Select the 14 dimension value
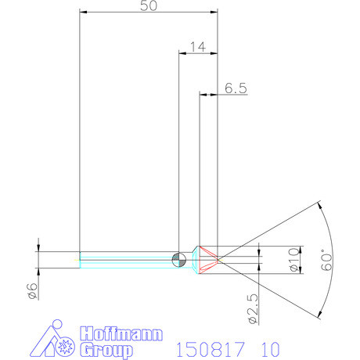pos(197,47)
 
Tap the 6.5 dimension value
pos(236,88)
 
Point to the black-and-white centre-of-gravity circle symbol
pos(178,259)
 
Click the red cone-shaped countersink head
pos(208,259)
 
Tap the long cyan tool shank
pos(125,259)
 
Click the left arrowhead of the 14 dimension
pos(183,54)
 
